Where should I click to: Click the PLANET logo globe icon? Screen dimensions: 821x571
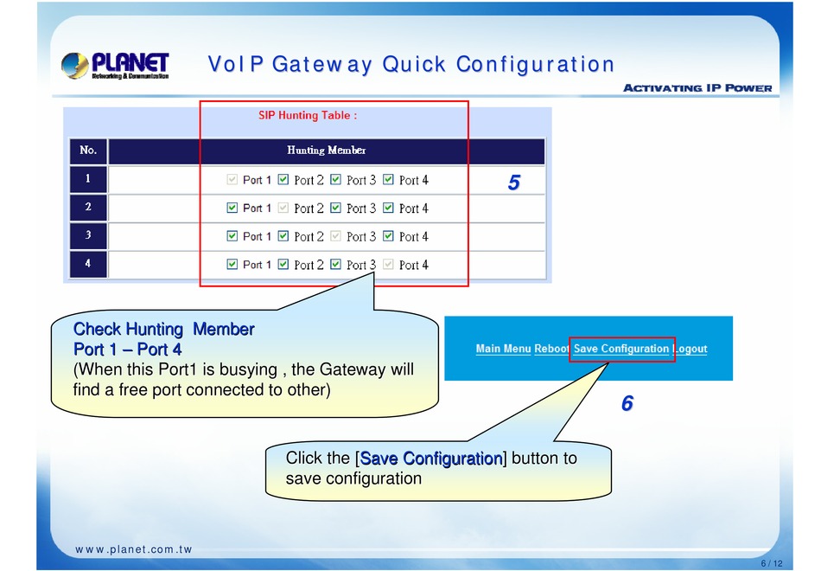[74, 66]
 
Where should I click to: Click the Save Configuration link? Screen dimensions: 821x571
[621, 349]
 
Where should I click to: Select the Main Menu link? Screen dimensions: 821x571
[503, 349]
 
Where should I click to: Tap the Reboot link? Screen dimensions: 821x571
[551, 349]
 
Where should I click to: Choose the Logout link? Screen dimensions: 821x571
[691, 349]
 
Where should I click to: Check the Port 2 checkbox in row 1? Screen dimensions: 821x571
[283, 180]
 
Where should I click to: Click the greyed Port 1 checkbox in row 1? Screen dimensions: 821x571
[232, 180]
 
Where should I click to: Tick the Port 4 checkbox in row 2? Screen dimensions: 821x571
[388, 209]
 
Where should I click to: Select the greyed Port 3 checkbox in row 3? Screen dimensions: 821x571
[335, 236]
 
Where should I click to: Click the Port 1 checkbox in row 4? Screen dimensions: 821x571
[232, 264]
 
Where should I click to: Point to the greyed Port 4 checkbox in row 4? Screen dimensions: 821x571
[388, 264]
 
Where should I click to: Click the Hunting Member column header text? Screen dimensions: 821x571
[326, 151]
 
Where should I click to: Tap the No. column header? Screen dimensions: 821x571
[88, 151]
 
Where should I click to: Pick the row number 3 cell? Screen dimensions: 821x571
[88, 235]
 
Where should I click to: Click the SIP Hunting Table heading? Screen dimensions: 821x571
[308, 115]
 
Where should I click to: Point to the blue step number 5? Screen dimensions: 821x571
[513, 183]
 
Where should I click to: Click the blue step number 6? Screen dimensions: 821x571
[627, 403]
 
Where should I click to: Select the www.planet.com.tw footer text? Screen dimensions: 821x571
[133, 549]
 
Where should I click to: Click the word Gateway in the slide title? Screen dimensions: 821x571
[322, 65]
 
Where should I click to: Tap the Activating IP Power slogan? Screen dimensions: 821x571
[697, 88]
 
